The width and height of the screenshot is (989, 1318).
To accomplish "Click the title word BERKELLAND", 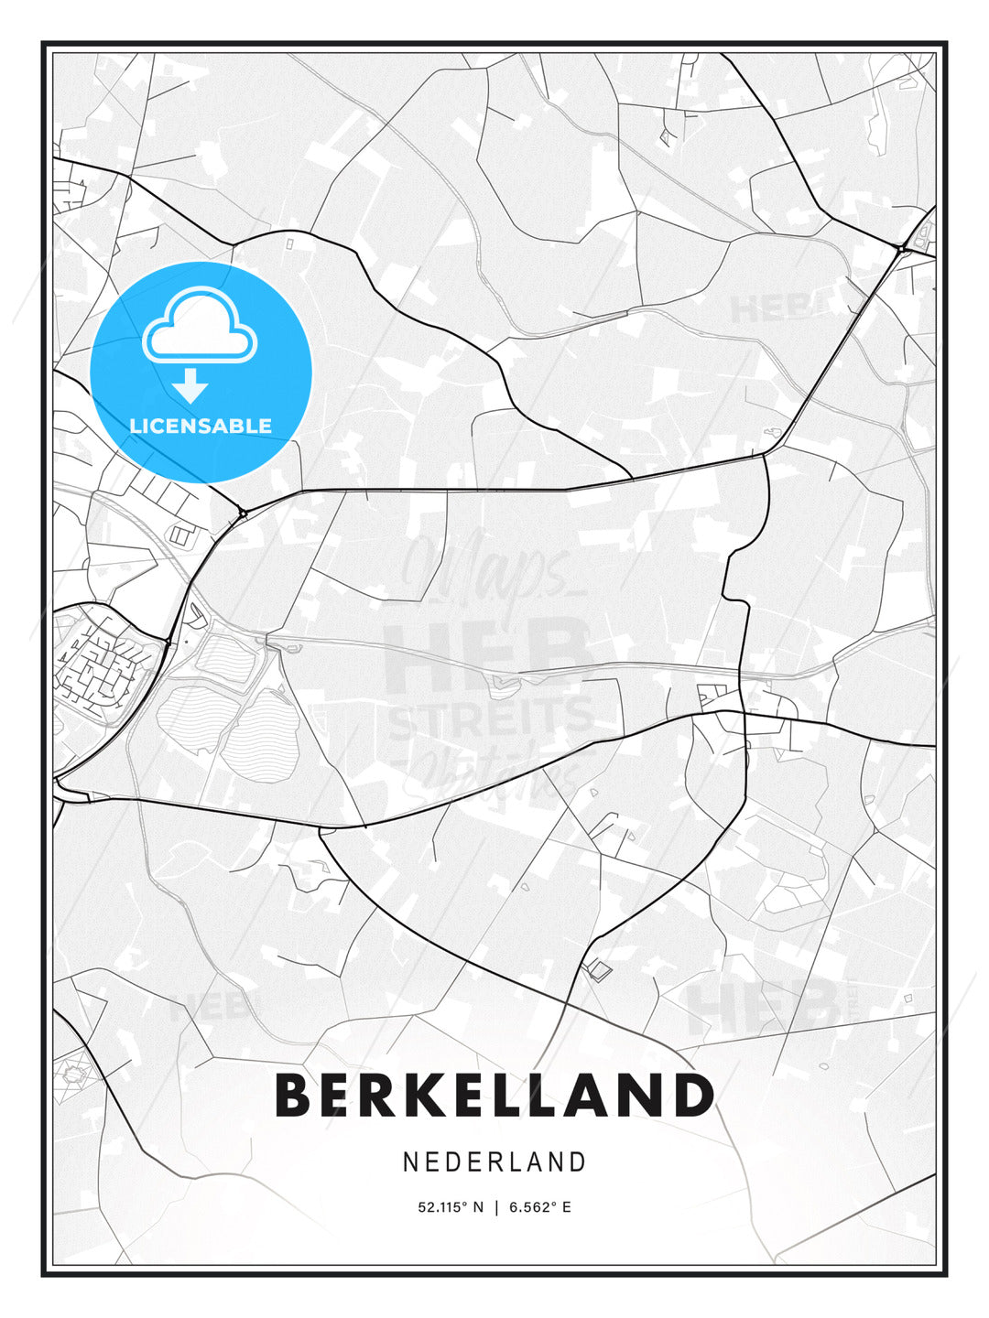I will [x=494, y=1095].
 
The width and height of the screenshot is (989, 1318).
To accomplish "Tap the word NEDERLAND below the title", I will [x=494, y=1161].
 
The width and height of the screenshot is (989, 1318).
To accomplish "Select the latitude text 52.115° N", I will [x=450, y=1207].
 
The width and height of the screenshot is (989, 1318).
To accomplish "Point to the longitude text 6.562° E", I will [x=539, y=1207].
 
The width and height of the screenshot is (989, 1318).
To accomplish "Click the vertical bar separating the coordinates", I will [x=495, y=1207].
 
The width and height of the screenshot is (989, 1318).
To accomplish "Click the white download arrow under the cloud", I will [x=190, y=385].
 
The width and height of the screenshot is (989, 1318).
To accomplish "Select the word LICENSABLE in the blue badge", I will [x=201, y=426].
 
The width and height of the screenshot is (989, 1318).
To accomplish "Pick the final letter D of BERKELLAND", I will [x=693, y=1095].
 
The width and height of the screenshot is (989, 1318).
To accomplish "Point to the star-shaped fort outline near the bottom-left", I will [x=71, y=1070].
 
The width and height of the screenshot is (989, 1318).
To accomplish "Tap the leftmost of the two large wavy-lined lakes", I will [x=189, y=718].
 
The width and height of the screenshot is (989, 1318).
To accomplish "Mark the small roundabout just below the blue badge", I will [x=243, y=513].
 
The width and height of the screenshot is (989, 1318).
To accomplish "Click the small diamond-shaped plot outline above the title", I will [x=598, y=970].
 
